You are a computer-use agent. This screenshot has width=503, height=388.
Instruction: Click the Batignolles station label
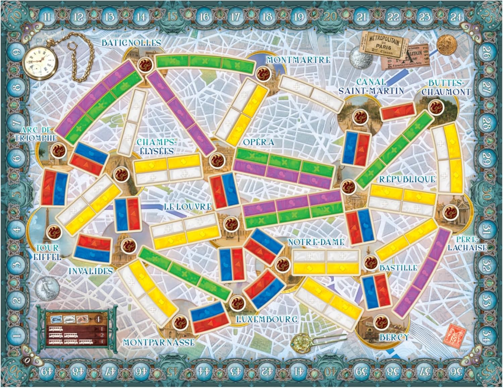126,43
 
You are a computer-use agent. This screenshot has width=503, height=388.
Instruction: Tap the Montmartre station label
298,60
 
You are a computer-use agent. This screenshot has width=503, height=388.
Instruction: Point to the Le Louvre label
188,207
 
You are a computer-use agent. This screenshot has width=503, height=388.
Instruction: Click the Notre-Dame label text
316,242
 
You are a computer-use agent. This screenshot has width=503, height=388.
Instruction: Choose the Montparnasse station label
159,342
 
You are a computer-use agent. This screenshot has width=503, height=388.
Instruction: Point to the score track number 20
330,17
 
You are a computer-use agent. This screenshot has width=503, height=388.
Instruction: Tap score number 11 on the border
47,17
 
